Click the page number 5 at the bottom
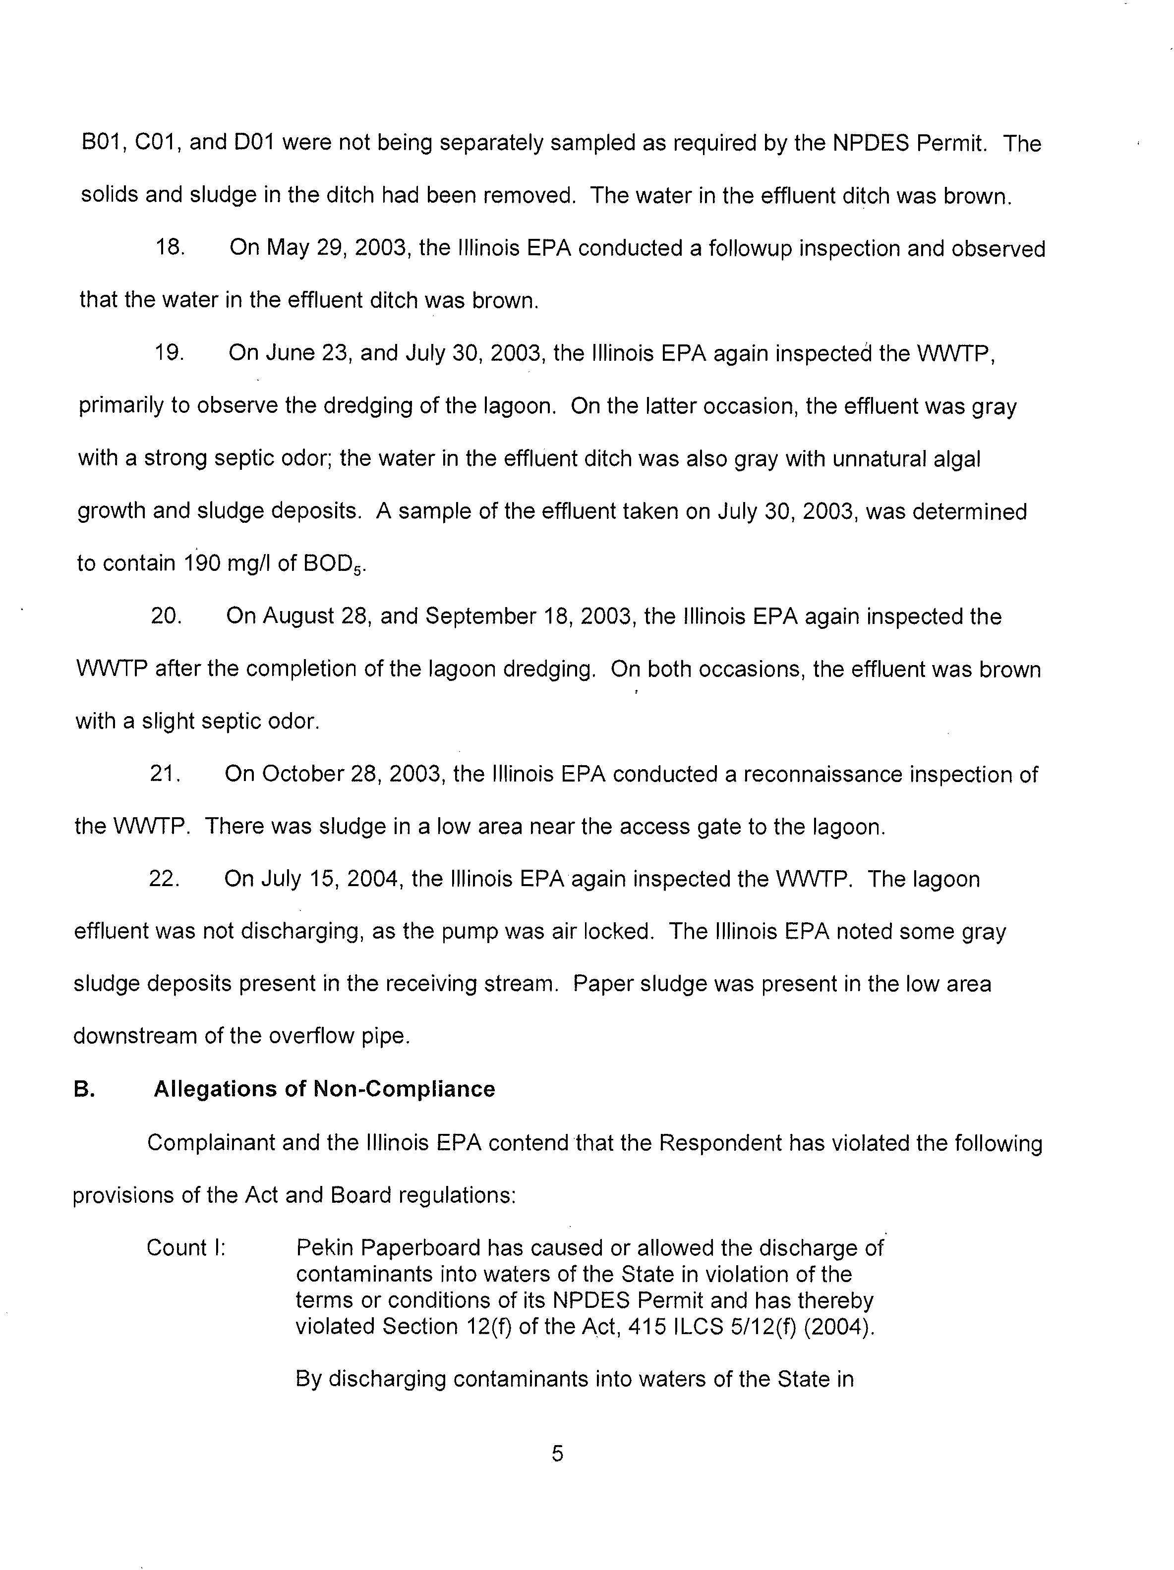coord(558,1454)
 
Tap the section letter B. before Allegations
coord(84,1089)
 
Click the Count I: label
coord(186,1248)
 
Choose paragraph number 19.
coord(170,353)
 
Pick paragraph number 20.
coord(166,616)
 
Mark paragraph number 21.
coord(166,773)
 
